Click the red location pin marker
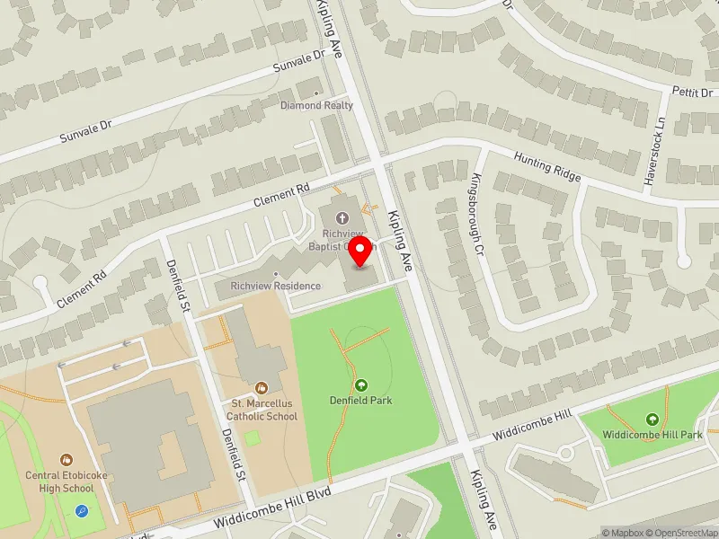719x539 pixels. [x=360, y=252]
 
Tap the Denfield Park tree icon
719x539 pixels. [x=361, y=385]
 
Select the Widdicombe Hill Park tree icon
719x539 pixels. [x=652, y=420]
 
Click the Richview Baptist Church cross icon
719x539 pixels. [x=342, y=217]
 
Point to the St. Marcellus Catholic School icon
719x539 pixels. [x=262, y=388]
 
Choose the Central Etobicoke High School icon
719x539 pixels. [x=66, y=460]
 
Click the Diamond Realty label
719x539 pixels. [x=316, y=105]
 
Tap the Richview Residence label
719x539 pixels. [x=275, y=286]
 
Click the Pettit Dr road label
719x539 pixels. [x=692, y=92]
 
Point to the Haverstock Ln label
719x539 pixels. [x=654, y=151]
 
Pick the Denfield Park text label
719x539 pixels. [x=361, y=401]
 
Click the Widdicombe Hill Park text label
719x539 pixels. [x=652, y=435]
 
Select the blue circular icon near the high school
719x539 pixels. [x=82, y=511]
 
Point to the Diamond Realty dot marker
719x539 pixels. [x=316, y=93]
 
